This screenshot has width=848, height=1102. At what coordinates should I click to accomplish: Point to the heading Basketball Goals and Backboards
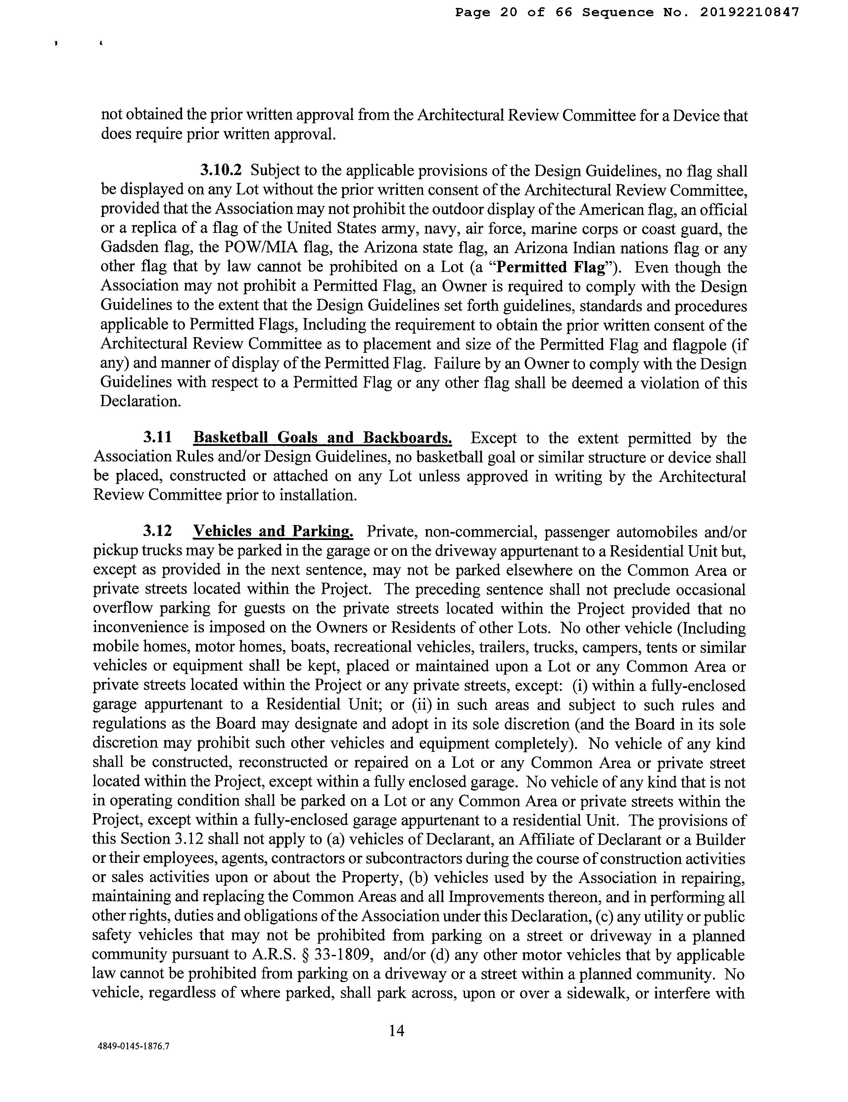pyautogui.click(x=323, y=438)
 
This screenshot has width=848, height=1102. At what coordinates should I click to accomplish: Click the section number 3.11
pyautogui.click(x=158, y=438)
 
